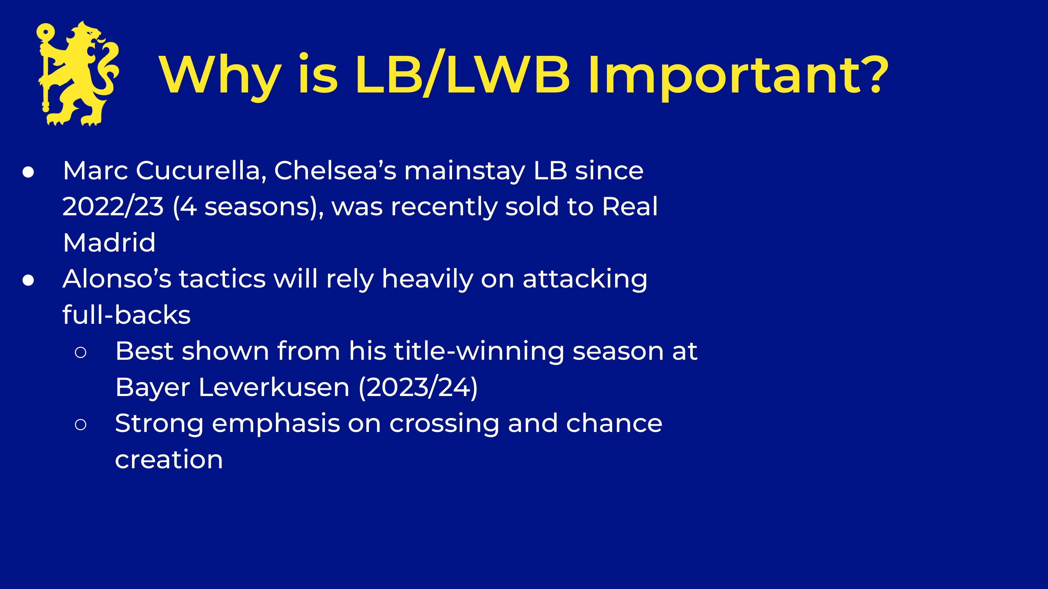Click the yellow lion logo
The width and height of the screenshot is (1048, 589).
tap(78, 74)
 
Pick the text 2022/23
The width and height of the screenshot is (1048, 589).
tap(113, 207)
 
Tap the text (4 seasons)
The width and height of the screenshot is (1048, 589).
tap(248, 207)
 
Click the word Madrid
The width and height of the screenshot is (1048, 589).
tap(109, 242)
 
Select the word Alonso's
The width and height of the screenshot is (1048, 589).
tap(117, 279)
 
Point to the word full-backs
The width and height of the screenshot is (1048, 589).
tap(126, 315)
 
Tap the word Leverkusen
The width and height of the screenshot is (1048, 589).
tap(274, 387)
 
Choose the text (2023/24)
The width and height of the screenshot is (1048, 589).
tap(418, 387)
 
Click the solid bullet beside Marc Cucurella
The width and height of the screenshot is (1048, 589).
tap(28, 172)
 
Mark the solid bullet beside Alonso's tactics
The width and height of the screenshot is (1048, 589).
tap(28, 281)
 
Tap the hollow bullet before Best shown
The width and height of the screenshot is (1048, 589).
tap(81, 352)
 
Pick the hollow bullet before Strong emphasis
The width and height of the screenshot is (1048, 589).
tap(81, 425)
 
